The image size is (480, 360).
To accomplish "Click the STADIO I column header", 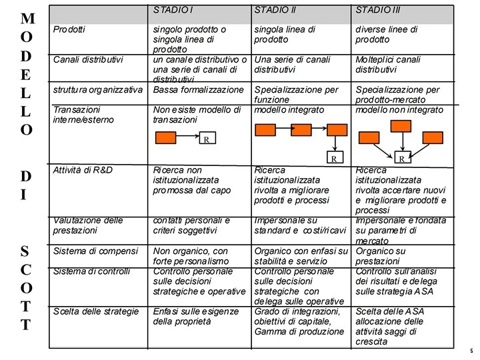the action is tap(173, 10).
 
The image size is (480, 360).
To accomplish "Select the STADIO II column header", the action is tap(276, 10).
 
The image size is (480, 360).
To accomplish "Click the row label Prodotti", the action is tap(69, 30).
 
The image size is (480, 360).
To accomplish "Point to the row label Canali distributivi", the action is tap(88, 59).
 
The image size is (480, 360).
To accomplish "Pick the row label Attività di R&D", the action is tap(83, 170).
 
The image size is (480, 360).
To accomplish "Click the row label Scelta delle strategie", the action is tap(96, 311).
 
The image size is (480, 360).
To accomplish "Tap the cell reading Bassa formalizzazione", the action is tap(199, 89).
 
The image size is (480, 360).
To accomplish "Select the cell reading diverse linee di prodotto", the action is tap(387, 35).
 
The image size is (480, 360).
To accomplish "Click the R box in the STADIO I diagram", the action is tap(207, 139).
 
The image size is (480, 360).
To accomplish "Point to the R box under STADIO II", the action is tap(333, 159).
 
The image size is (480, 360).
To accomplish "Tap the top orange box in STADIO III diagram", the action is tap(401, 126).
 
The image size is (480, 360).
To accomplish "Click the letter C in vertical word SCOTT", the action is tap(25, 269).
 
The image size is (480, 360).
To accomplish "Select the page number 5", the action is tap(471, 351).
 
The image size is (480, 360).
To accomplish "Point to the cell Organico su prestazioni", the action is tap(381, 256).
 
